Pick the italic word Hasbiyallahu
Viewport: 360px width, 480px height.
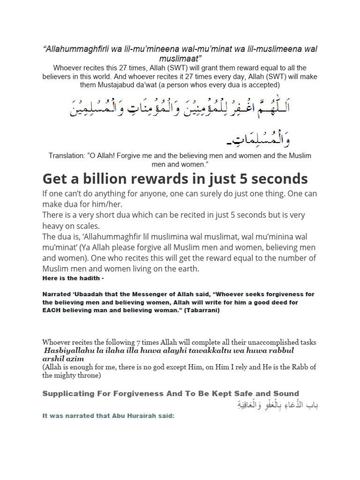coord(68,351)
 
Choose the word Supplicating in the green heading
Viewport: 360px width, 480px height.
coord(67,393)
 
